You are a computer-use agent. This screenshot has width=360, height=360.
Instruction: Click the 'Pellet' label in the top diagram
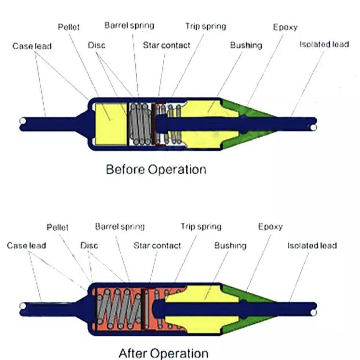click(x=68, y=27)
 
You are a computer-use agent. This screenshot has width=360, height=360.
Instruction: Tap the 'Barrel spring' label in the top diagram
click(x=129, y=26)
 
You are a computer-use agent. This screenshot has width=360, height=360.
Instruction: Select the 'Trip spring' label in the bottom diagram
click(x=201, y=227)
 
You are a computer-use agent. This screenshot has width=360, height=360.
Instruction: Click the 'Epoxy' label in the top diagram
click(x=285, y=27)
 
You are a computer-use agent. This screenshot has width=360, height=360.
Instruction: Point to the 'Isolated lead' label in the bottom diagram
click(x=312, y=246)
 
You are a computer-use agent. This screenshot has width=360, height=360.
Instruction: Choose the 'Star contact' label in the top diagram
click(x=167, y=46)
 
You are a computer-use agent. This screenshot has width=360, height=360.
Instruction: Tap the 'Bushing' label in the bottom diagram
click(x=230, y=245)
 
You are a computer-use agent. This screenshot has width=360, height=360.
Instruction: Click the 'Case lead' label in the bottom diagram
click(x=26, y=245)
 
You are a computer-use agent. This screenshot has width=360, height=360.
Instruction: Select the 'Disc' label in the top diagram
click(x=97, y=45)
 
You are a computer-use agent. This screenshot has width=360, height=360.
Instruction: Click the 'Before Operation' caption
click(x=156, y=170)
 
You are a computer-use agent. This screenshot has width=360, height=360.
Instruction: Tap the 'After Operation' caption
click(x=163, y=353)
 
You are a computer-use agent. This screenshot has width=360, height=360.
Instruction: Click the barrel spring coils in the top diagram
click(x=140, y=123)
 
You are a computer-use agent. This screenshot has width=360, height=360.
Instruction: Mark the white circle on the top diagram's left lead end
click(x=23, y=121)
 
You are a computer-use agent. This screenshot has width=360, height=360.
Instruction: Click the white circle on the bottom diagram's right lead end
click(x=313, y=312)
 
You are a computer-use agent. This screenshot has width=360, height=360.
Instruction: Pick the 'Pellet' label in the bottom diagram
click(x=58, y=228)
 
